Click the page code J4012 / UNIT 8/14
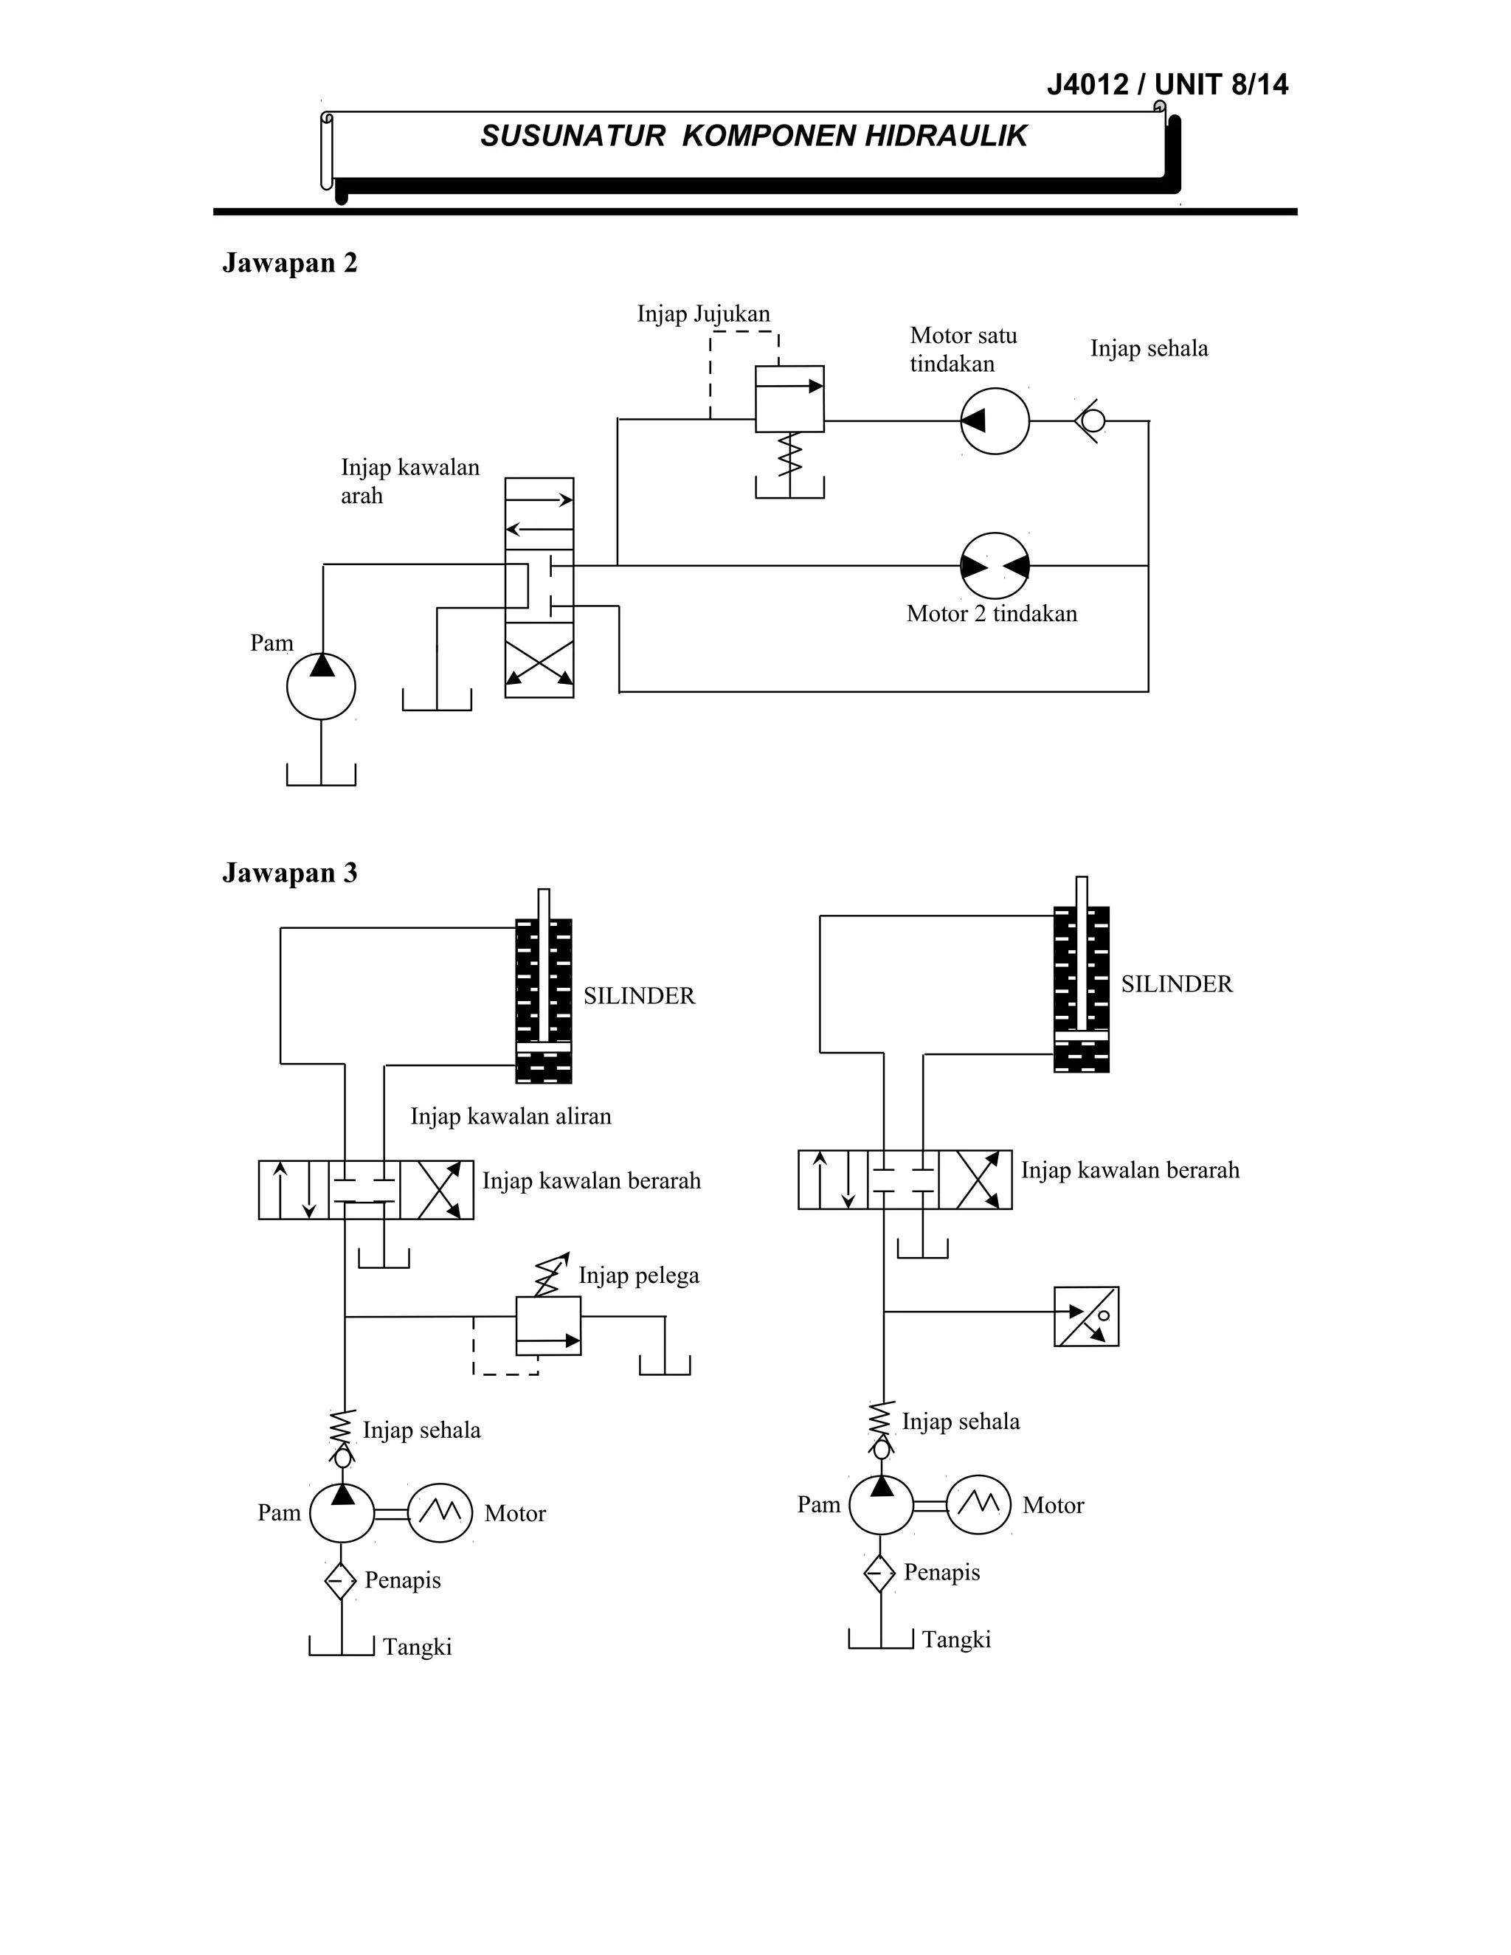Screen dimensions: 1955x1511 (1166, 85)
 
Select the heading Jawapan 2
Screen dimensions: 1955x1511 (289, 263)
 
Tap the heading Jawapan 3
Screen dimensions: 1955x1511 (289, 873)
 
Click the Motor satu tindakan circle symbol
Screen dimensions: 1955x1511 (995, 421)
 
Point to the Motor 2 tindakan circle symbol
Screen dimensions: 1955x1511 (995, 566)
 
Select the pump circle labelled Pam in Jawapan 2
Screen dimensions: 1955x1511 (320, 687)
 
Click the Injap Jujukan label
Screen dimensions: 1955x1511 (702, 314)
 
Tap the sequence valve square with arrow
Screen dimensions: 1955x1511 (789, 399)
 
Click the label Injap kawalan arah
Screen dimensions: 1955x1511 (410, 481)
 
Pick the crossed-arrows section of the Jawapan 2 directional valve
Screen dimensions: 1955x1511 (539, 668)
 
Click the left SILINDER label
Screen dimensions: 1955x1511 (638, 996)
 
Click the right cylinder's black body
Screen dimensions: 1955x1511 (1082, 989)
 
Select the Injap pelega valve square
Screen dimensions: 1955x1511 (548, 1326)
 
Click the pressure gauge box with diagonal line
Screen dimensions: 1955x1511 (1086, 1317)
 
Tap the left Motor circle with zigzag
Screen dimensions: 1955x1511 (440, 1513)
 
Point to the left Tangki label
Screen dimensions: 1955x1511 (417, 1647)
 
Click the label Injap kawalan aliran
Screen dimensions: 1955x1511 (511, 1116)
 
